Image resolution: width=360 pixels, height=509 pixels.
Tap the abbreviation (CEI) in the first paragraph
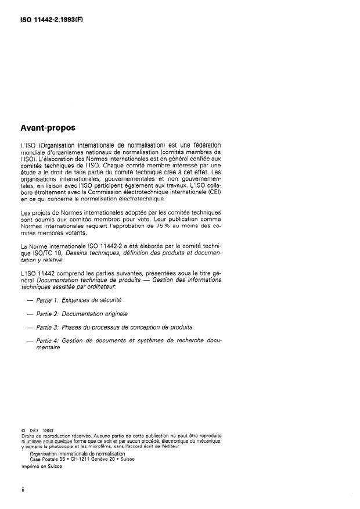[x=215, y=192]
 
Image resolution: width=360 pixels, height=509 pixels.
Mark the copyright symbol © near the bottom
[x=21, y=431]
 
